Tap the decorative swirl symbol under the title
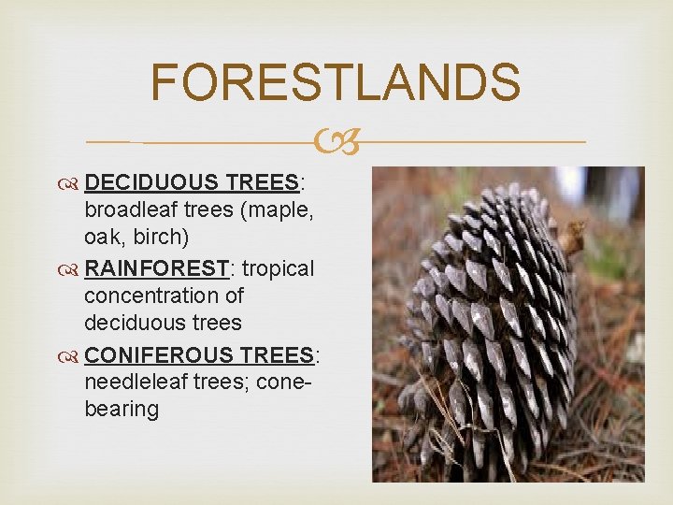point(336,141)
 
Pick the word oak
point(105,238)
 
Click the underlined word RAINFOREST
point(156,268)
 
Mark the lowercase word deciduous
point(136,323)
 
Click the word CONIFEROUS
point(159,354)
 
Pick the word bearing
point(122,409)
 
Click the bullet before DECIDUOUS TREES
point(73,184)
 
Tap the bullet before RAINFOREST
point(73,269)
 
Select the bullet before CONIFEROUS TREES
point(73,355)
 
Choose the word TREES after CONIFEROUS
point(277,354)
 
